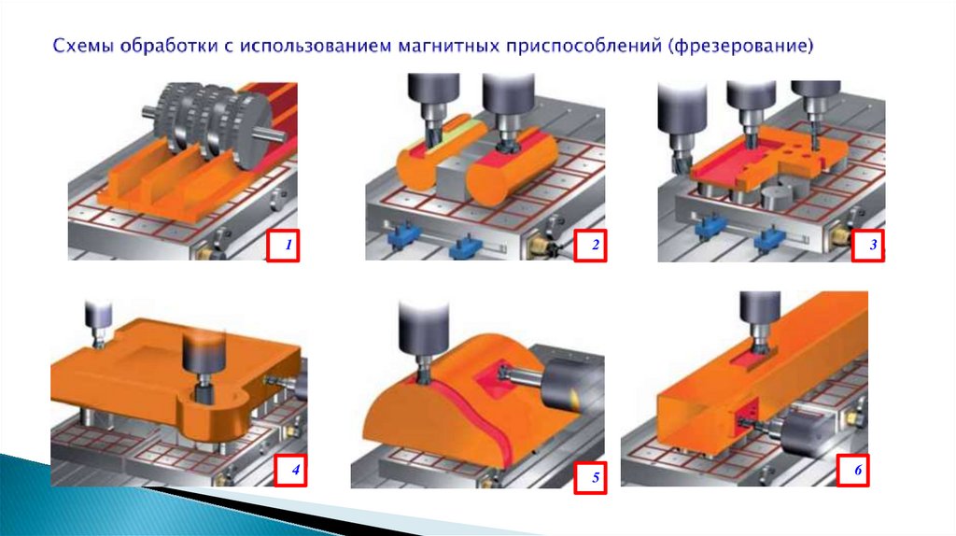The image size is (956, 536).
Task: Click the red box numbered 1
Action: click(283, 246)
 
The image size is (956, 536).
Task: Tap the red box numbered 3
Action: click(868, 246)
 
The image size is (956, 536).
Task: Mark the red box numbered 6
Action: click(853, 469)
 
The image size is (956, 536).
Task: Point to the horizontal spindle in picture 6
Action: click(799, 434)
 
